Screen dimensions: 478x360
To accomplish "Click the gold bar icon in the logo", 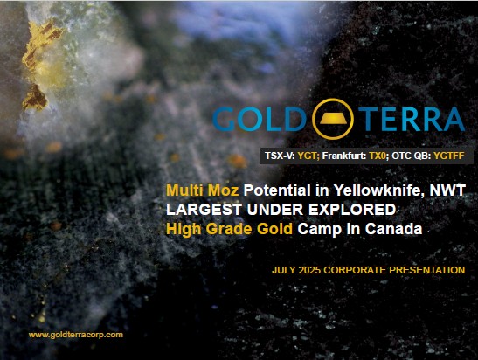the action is click(333, 119).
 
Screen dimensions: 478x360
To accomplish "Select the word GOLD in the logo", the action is click(260, 119).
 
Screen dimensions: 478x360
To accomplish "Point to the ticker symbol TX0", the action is click(378, 156).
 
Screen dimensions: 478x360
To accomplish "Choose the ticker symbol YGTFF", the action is click(449, 156).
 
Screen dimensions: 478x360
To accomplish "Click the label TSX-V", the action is click(280, 156).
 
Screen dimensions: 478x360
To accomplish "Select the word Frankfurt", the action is click(344, 156).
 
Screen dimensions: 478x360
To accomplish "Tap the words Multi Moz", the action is click(202, 190).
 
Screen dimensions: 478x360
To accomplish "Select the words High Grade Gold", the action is click(229, 229).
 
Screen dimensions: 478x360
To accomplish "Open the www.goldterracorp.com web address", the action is click(76, 335).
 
